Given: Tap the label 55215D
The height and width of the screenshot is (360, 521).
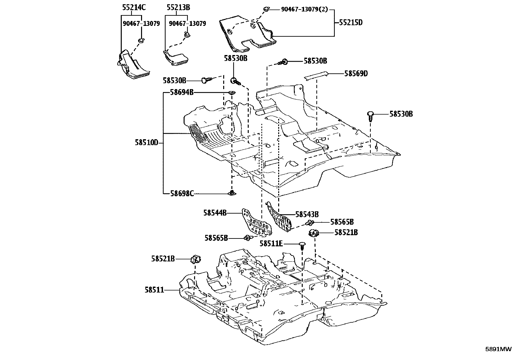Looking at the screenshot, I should pyautogui.click(x=350, y=23).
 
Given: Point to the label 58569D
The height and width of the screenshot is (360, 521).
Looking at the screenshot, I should pyautogui.click(x=356, y=74).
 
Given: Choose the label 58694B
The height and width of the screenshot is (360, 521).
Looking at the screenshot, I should pyautogui.click(x=182, y=93).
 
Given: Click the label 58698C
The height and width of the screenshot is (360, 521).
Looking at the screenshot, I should pyautogui.click(x=182, y=194).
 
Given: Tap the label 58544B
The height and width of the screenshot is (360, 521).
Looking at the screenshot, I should pyautogui.click(x=215, y=213).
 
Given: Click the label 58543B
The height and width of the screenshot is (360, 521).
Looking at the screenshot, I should pyautogui.click(x=307, y=215).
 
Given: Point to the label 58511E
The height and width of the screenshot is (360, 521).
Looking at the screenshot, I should pyautogui.click(x=271, y=244).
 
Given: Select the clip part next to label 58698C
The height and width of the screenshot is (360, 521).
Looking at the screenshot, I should pyautogui.click(x=232, y=193).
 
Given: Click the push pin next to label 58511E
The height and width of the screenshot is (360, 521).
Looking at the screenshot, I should pyautogui.click(x=302, y=245).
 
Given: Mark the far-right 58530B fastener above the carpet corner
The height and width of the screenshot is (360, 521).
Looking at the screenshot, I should pyautogui.click(x=370, y=115).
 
